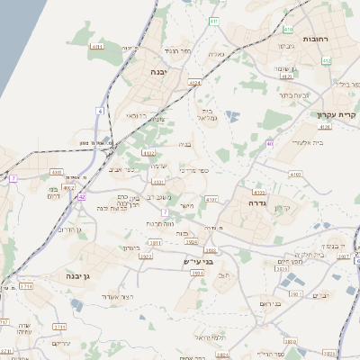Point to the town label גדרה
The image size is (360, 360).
[x=258, y=203]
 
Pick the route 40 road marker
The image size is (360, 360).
[x=270, y=144]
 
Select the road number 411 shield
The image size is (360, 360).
[x=213, y=21]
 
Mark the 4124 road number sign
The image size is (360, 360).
[x=194, y=83]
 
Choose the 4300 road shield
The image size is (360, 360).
[x=57, y=171]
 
